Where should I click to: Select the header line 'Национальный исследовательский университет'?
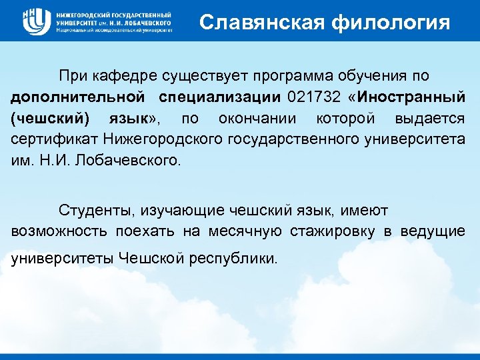(114, 31)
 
